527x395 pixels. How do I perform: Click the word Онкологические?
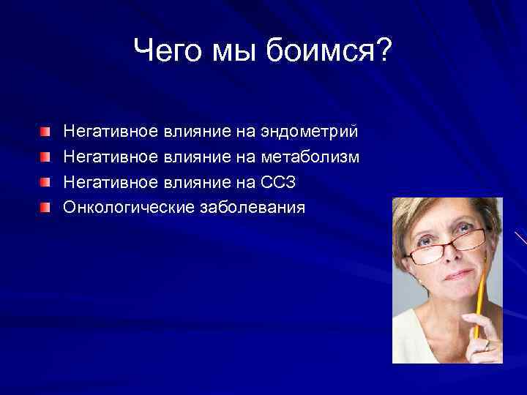pos(128,208)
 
